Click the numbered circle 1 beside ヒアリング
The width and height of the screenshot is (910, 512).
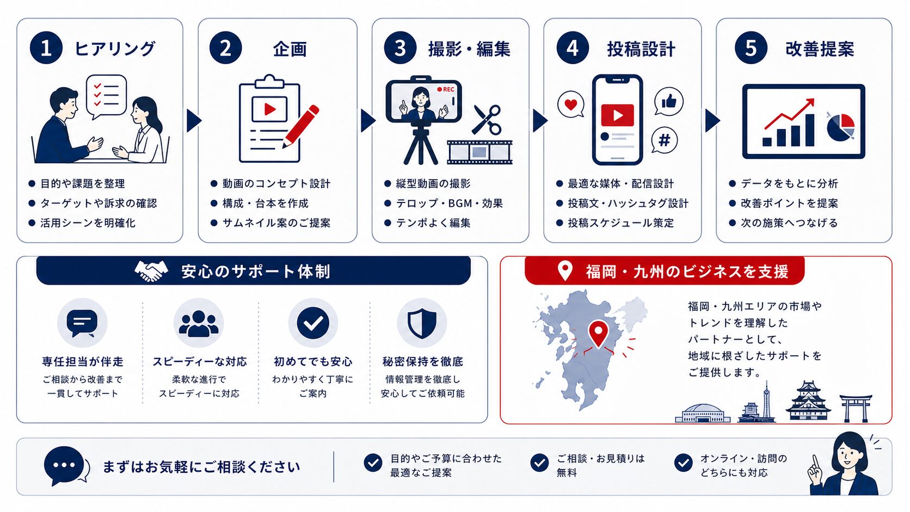pos(46,48)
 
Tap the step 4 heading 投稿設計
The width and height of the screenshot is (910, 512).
pos(641,49)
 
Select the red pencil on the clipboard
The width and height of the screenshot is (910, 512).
pos(301,126)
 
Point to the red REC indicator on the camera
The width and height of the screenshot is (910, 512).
pos(446,89)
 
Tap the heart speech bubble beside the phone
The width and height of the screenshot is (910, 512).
pos(571,105)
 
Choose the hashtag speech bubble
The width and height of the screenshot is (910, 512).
pos(664,140)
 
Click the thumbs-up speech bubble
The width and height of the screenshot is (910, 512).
pos(669,102)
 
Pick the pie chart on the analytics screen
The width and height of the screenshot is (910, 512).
pos(840,127)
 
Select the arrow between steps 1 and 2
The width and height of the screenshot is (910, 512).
pos(194,121)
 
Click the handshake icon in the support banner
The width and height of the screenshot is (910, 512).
pos(151,271)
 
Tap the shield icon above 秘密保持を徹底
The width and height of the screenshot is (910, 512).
pos(422,323)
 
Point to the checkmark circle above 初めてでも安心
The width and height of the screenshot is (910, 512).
pos(313,323)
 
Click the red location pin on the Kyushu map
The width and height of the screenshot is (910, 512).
pos(598,334)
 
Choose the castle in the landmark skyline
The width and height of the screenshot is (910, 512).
pos(808,401)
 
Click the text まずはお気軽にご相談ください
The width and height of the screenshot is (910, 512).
pos(201,467)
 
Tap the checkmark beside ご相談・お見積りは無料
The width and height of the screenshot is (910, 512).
pos(539,463)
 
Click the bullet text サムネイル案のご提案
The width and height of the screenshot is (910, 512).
pos(276,223)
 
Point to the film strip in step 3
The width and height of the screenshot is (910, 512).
pos(479,152)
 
